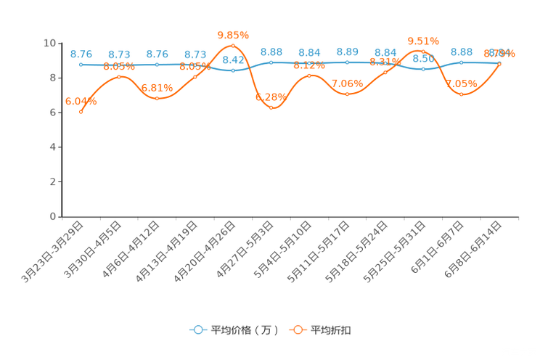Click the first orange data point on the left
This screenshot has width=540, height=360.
[x=81, y=112]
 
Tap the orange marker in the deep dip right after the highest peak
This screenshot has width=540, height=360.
[x=271, y=107]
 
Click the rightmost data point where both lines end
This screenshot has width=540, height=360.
[x=499, y=63]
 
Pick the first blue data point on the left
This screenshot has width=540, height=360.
[x=81, y=65]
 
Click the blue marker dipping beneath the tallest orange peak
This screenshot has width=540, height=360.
[x=233, y=70]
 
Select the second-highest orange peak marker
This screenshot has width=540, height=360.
[x=423, y=51]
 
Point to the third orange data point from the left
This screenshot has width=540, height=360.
[x=157, y=98]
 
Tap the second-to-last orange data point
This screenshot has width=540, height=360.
[x=462, y=94]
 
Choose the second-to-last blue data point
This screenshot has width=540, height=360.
[x=462, y=62]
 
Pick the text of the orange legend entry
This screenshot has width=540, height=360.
[x=331, y=330]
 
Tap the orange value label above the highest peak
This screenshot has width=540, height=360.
[x=233, y=34]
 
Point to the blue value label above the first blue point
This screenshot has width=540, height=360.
[x=81, y=54]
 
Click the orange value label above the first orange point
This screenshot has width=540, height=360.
[x=81, y=102]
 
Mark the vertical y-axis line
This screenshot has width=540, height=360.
[x=62, y=131]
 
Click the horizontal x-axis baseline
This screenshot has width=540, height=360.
[x=290, y=216]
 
